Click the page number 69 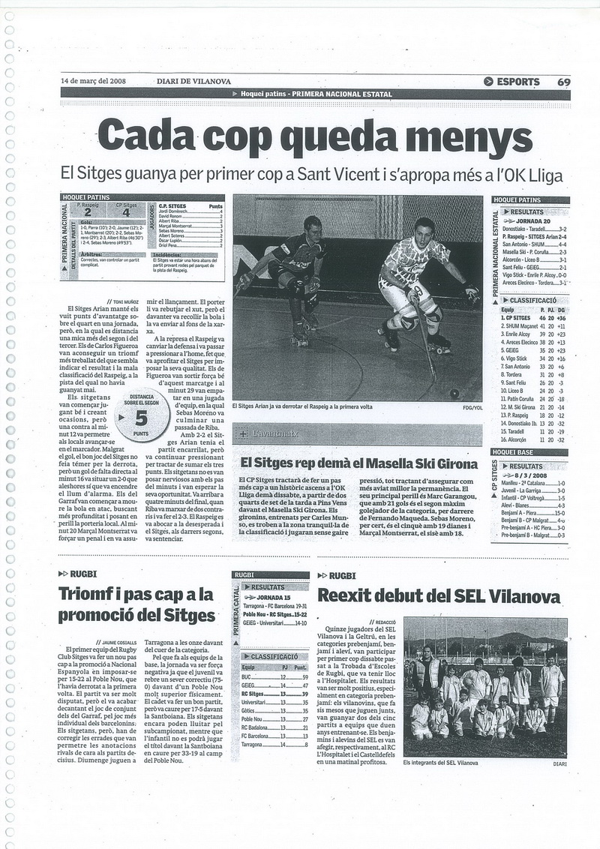(563, 82)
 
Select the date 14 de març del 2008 (94, 82)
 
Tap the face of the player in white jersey (424, 229)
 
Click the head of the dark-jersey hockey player (312, 226)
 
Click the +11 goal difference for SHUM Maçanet (559, 327)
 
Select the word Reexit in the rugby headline (349, 596)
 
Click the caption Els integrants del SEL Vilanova (440, 763)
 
